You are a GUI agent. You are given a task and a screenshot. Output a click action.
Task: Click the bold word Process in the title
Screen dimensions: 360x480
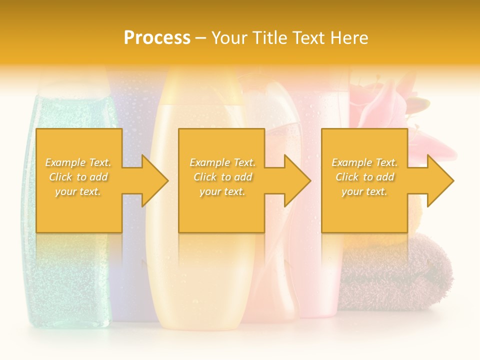(x=157, y=38)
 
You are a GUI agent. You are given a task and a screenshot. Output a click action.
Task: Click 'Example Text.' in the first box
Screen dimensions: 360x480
(x=78, y=162)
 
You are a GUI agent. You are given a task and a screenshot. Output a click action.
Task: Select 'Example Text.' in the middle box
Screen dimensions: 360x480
(x=222, y=162)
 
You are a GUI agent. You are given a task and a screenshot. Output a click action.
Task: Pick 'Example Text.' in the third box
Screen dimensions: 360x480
(x=364, y=162)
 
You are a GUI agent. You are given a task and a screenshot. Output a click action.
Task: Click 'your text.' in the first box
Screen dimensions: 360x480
(x=78, y=191)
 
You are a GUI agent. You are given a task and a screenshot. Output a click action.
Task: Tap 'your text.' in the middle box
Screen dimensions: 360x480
(x=222, y=191)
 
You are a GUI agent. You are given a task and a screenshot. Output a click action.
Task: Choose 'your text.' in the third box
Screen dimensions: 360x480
(x=364, y=191)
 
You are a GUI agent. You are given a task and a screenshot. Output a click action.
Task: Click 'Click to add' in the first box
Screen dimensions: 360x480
(x=78, y=177)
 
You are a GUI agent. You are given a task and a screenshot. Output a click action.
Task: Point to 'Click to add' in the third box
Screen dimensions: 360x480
(x=364, y=177)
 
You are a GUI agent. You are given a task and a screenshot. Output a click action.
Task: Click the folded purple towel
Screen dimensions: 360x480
(x=400, y=270)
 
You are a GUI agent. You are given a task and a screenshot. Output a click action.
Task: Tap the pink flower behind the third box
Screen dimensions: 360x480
(x=380, y=100)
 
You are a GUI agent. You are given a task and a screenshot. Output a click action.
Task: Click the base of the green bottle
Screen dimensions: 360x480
(x=67, y=315)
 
